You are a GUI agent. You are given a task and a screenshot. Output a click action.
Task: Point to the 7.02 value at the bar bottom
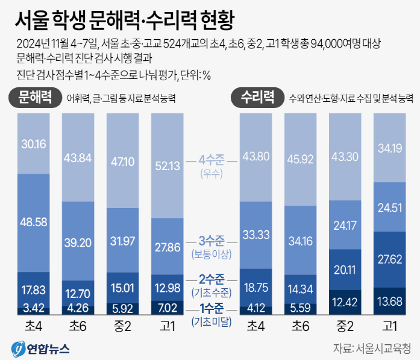(167, 307)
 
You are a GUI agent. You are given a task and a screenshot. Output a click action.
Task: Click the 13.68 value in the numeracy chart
(389, 302)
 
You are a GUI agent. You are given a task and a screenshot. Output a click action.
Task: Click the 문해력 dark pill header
(34, 96)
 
